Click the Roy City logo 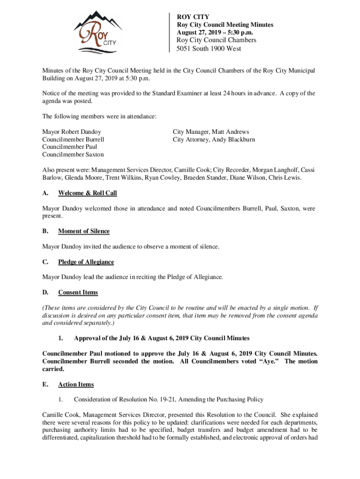[x=98, y=31]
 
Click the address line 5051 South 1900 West [x=209, y=49]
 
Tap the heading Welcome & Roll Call [x=87, y=193]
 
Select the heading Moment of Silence [x=84, y=231]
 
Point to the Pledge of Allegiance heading [x=86, y=262]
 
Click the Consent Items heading [x=78, y=292]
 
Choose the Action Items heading [x=76, y=385]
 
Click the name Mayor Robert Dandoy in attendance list [x=72, y=132]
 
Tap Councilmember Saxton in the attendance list [x=73, y=154]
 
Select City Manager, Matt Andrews [x=211, y=132]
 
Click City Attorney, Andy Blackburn [x=214, y=139]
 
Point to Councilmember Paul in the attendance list [x=70, y=147]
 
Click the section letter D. [x=45, y=292]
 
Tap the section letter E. [x=44, y=385]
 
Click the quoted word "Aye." [x=269, y=362]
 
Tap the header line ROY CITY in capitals [x=193, y=17]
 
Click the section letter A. [x=45, y=193]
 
